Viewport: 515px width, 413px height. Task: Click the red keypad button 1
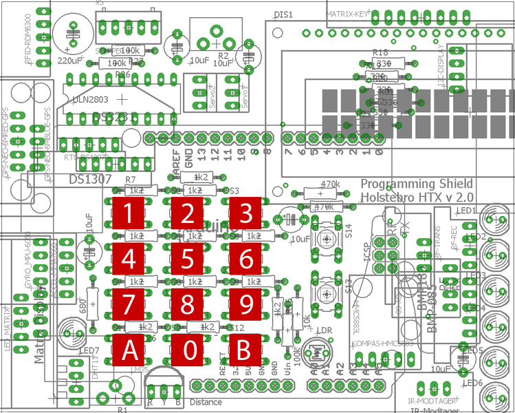(129, 213)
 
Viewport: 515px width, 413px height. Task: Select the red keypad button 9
(246, 305)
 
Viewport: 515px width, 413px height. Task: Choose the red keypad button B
(246, 350)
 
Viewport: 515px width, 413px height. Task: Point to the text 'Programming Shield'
(417, 184)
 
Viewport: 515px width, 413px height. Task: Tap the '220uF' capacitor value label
(72, 61)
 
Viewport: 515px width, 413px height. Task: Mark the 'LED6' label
(472, 383)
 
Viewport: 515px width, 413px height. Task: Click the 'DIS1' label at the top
(283, 14)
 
